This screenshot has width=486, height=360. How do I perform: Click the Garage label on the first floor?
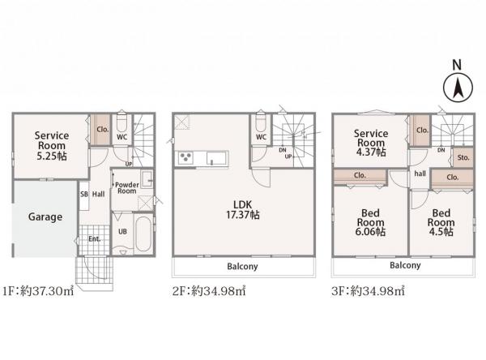tap(45, 217)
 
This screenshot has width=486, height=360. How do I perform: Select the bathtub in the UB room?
tap(143, 234)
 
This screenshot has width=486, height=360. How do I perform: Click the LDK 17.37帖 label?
tap(243, 210)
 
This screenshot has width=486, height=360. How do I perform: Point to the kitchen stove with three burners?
tap(185, 157)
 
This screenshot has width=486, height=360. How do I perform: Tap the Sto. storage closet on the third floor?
tap(463, 157)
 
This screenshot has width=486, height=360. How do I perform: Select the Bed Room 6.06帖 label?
tap(370, 222)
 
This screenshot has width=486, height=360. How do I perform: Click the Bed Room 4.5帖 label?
tap(441, 222)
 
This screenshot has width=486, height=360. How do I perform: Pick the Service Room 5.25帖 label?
tap(52, 146)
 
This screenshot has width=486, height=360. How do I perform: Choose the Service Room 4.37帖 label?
tap(371, 143)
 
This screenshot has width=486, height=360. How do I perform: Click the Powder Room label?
tap(127, 188)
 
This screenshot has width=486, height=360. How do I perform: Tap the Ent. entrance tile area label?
tap(94, 239)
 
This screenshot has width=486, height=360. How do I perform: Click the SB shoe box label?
tap(84, 195)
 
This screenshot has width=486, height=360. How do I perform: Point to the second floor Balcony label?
tap(242, 267)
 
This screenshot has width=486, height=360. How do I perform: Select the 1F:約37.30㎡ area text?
tap(38, 291)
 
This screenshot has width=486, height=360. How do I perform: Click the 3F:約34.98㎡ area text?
tap(368, 291)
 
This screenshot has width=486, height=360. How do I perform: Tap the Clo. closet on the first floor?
tap(100, 130)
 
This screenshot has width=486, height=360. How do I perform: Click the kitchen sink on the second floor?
tap(215, 158)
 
